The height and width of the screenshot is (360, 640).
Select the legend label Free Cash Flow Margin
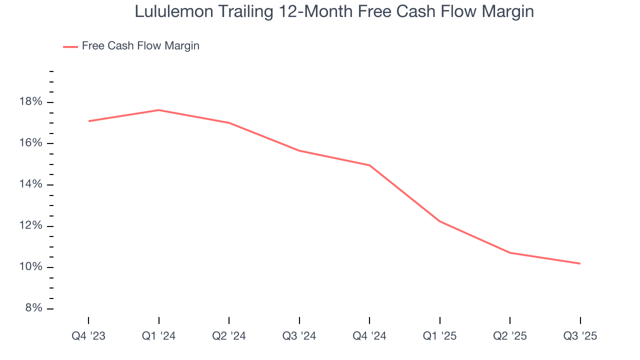(x=140, y=46)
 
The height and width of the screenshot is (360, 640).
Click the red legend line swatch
(x=70, y=46)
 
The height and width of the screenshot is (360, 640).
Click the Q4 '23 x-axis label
(x=88, y=336)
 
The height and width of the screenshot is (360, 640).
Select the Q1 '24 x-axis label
(x=158, y=336)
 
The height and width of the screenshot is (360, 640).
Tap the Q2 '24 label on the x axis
(x=229, y=336)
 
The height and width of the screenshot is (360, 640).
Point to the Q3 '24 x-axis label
(x=299, y=336)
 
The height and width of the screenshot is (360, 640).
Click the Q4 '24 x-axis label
(x=369, y=336)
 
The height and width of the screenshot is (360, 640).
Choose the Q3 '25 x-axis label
(x=580, y=336)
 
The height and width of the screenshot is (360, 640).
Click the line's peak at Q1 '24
(x=158, y=110)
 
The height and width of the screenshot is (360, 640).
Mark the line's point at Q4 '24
(x=369, y=165)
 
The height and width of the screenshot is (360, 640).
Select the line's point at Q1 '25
(x=439, y=221)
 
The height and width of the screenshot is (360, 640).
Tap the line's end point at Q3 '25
(x=580, y=263)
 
